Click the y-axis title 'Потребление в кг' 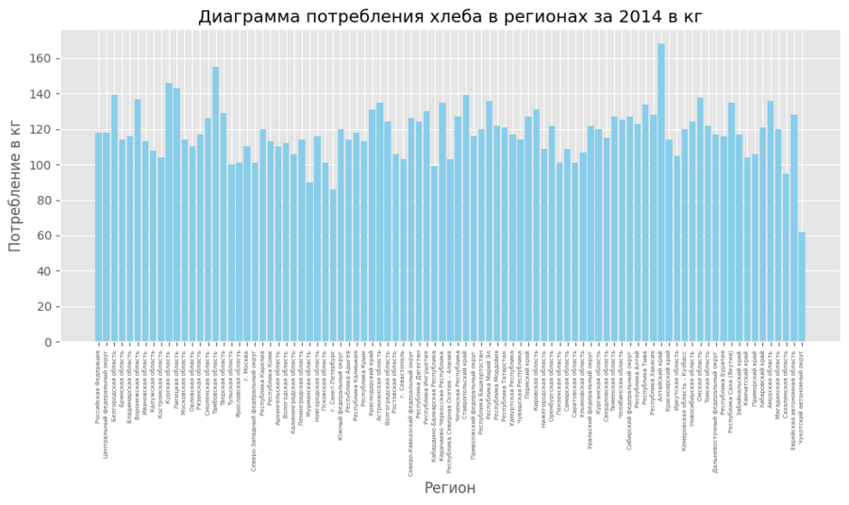pos(15,186)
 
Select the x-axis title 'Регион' pos(450,488)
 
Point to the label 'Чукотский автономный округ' pos(802,396)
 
